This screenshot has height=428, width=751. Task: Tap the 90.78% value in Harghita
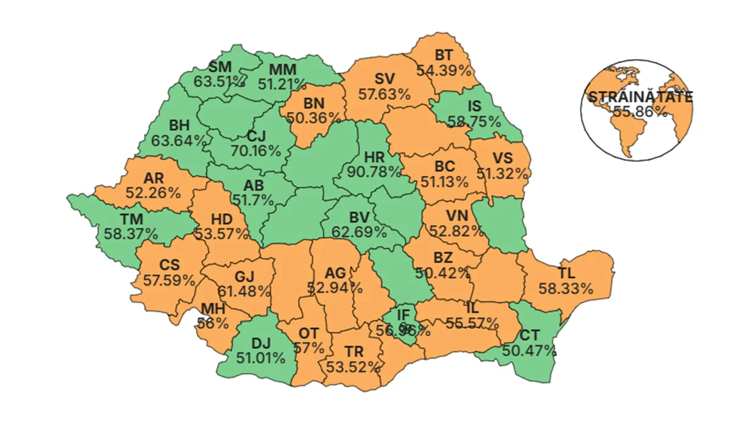(x=374, y=172)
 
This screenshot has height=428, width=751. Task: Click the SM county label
(x=220, y=66)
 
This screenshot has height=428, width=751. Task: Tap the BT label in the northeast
(x=444, y=55)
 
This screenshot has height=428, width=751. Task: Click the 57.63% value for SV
(x=384, y=94)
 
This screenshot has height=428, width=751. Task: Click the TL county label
(x=566, y=273)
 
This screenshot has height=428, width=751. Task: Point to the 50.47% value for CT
(x=529, y=350)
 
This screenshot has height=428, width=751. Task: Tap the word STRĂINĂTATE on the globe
(x=639, y=97)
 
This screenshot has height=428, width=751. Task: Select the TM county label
(x=131, y=219)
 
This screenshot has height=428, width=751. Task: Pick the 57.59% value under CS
(x=169, y=280)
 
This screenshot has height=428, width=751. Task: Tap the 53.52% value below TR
(x=354, y=367)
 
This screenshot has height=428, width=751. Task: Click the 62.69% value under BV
(x=359, y=231)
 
